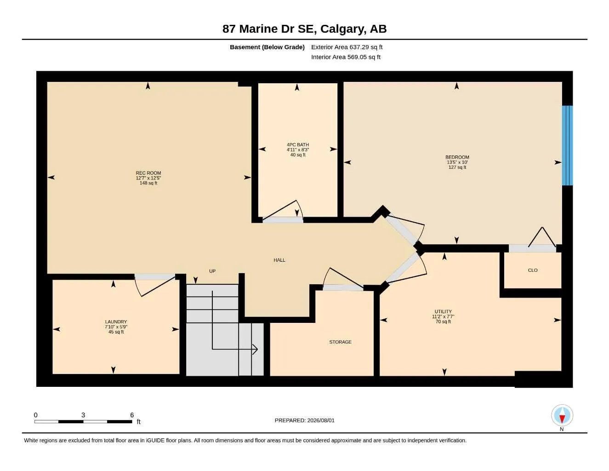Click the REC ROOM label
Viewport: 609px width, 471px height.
click(x=148, y=173)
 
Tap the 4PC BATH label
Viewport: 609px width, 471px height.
click(x=298, y=145)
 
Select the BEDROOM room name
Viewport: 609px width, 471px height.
click(x=457, y=157)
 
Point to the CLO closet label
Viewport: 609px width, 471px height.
click(x=533, y=270)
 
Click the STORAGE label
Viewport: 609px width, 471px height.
click(x=340, y=342)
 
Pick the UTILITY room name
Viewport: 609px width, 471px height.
click(x=443, y=311)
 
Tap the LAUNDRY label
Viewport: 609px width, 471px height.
click(x=116, y=322)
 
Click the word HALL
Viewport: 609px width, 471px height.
click(x=279, y=260)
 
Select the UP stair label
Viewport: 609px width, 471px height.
click(x=212, y=271)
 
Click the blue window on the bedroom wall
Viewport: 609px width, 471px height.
click(x=567, y=145)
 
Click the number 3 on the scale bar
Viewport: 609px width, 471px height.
click(x=83, y=415)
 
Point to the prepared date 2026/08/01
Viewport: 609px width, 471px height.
click(x=321, y=420)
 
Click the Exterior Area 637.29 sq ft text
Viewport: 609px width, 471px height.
click(x=347, y=47)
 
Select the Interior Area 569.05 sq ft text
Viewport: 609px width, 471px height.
click(x=346, y=57)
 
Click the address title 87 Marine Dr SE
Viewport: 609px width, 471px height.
click(x=269, y=29)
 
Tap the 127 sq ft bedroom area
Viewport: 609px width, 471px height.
click(x=457, y=167)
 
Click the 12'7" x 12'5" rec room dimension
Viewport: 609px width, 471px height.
click(x=148, y=178)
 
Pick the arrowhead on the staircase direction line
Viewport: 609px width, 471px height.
click(x=255, y=349)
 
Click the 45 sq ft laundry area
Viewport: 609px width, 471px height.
click(x=116, y=332)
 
